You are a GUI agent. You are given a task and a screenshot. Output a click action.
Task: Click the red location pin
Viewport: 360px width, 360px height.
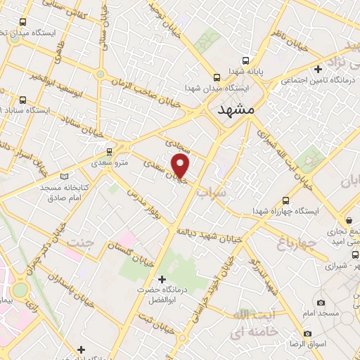(181, 166)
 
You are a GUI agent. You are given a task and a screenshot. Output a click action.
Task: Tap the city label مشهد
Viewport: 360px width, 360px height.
(234, 110)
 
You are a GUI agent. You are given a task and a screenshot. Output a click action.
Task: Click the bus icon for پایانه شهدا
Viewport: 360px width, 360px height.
(216, 77)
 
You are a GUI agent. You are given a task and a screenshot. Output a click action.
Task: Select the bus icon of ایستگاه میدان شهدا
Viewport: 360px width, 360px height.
(216, 77)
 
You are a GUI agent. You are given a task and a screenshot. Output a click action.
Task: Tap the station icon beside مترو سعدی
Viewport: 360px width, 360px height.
(108, 151)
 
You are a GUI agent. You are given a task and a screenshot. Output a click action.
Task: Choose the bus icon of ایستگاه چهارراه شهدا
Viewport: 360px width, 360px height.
(285, 200)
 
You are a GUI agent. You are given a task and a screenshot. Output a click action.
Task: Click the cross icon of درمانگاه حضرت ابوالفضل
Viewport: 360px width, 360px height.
(162, 279)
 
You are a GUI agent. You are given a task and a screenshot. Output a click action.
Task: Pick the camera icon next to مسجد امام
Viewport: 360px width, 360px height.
(321, 302)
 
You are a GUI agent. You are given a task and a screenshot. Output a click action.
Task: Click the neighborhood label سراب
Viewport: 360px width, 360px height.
(211, 191)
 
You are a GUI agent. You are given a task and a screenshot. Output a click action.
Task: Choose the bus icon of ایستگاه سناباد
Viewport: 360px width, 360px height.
(25, 100)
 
